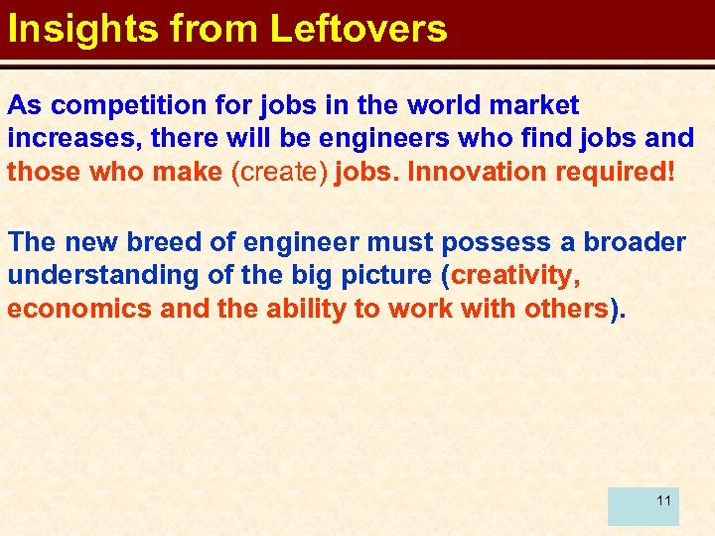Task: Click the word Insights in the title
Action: [x=82, y=29]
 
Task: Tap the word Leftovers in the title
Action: [x=359, y=29]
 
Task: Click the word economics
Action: [x=78, y=309]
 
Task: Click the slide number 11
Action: [x=663, y=500]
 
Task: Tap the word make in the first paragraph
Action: [x=188, y=172]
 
